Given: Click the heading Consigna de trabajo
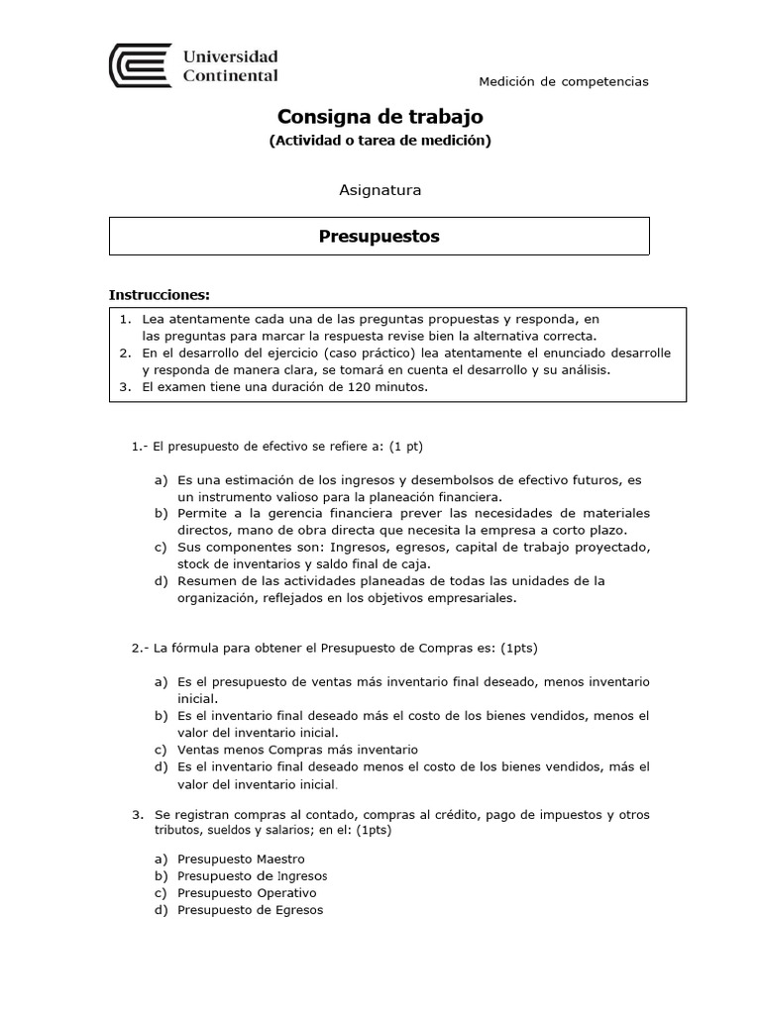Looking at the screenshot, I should (380, 116).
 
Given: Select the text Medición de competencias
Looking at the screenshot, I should (564, 81).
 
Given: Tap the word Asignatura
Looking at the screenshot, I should (380, 189).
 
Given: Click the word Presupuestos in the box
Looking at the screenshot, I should (379, 237).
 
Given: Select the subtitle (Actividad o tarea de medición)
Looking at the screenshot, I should (380, 141).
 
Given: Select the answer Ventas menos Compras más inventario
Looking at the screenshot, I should (297, 750).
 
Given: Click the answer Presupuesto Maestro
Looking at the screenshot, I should (241, 859).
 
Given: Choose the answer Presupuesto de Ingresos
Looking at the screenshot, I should (252, 876).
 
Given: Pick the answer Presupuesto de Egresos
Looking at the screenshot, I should (250, 910).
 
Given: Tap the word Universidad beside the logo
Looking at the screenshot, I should (230, 56).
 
